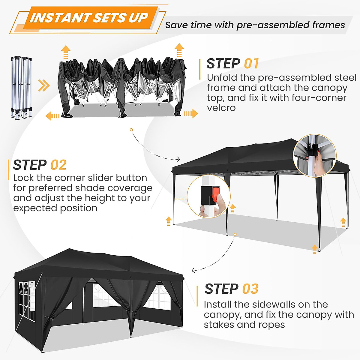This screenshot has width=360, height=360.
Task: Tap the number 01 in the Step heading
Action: tap(251, 64)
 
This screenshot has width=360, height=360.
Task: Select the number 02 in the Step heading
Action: tap(58, 165)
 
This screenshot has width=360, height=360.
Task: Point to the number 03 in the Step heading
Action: tap(250, 289)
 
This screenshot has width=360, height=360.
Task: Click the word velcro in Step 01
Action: tap(221, 108)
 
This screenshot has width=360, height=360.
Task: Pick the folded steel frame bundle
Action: tap(22, 87)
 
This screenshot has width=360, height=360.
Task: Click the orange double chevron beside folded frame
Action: tap(44, 86)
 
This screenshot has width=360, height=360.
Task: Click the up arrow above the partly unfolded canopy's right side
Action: tap(179, 50)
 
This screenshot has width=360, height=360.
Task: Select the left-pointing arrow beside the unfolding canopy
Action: tap(52, 116)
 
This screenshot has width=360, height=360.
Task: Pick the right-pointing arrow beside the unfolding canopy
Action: tap(191, 113)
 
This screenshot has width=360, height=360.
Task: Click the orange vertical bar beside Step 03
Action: tap(197, 296)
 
